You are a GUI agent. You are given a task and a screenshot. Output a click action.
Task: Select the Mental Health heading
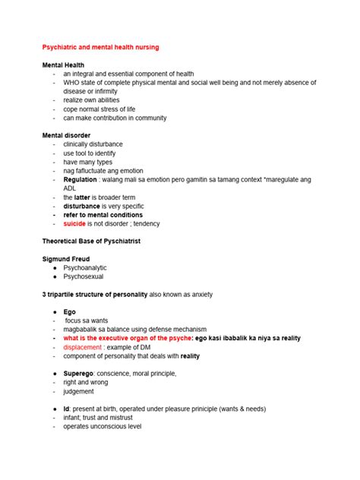point(66,65)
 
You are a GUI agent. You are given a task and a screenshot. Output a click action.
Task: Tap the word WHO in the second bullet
point(73,83)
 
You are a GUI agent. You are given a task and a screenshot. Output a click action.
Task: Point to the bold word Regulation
point(81,179)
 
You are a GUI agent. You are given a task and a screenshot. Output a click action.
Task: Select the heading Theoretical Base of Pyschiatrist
point(102,242)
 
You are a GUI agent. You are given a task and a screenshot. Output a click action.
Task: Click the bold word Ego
point(70,312)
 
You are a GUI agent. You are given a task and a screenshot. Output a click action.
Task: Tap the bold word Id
point(66,409)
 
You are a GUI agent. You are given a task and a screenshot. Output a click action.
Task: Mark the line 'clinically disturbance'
point(93,144)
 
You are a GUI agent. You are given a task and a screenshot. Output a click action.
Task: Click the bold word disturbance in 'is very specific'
point(81,206)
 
